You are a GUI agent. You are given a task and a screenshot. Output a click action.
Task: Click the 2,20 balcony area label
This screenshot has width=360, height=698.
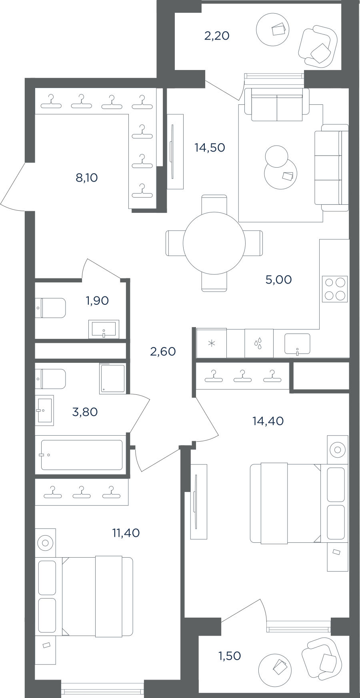[x=217, y=36]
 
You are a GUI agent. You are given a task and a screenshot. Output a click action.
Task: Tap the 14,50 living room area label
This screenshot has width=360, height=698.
[x=210, y=148]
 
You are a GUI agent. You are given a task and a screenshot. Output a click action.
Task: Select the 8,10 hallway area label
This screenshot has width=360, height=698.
[x=87, y=178]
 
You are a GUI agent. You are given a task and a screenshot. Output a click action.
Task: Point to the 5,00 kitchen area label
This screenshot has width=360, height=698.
[x=278, y=280]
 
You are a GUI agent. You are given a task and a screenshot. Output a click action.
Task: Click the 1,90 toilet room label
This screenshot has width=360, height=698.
[x=97, y=300]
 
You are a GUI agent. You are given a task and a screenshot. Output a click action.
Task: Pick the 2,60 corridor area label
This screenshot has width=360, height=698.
[x=163, y=352]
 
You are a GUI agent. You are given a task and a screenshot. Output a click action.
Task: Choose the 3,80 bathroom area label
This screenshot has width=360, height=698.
[x=85, y=412]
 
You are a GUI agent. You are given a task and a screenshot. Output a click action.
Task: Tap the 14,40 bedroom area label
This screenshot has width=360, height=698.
[x=268, y=421]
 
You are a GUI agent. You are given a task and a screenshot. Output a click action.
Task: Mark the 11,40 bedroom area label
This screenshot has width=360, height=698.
[x=126, y=533]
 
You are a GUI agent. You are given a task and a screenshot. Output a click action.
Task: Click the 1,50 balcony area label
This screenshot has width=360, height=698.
[x=230, y=656]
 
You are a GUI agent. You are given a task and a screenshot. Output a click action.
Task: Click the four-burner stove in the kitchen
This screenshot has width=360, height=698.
[x=335, y=289]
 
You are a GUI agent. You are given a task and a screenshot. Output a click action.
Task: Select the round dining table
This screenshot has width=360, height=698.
[x=214, y=243]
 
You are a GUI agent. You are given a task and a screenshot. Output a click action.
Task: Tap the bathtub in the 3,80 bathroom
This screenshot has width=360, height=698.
[x=82, y=455]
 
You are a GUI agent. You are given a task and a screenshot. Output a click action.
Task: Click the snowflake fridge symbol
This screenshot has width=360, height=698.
[x=212, y=343]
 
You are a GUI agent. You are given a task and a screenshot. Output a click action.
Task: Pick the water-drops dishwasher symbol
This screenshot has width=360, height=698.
[x=259, y=343]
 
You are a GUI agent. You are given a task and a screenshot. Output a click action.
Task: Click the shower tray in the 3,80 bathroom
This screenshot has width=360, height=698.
[x=112, y=378]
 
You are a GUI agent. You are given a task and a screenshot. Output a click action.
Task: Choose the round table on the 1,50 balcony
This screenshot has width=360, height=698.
[x=275, y=670]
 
